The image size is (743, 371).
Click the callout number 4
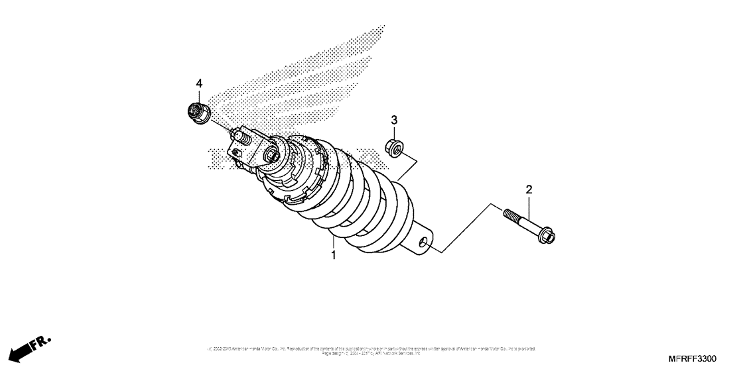(x=198, y=83)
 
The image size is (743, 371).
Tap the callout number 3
(x=393, y=120)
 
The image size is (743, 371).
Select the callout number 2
(x=529, y=190)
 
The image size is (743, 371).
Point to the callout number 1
(x=334, y=254)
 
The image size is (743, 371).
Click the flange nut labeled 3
(x=395, y=147)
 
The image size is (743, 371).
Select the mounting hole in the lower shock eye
(x=422, y=244)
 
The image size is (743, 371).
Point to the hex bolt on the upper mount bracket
(x=271, y=156)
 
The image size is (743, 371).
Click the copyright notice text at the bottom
(x=371, y=350)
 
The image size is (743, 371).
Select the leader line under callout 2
(x=529, y=207)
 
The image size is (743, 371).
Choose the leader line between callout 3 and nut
(x=393, y=132)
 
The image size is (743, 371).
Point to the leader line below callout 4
(x=198, y=96)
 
